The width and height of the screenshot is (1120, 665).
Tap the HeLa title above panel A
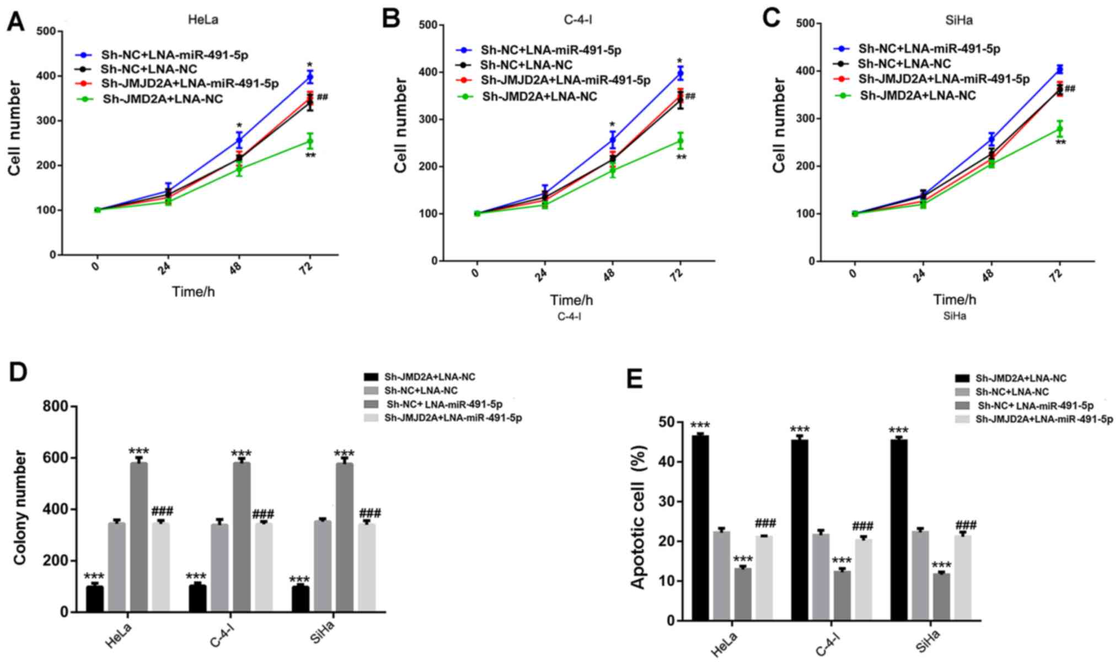coord(202,20)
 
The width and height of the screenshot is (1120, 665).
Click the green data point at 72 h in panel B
coord(680,141)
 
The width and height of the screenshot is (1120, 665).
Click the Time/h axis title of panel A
coord(193,291)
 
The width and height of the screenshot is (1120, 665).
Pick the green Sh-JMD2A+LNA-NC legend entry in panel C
coord(918,96)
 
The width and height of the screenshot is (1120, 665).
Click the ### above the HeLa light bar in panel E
coord(765,523)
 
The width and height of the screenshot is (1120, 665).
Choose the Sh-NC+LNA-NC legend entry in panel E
coord(1012,392)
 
